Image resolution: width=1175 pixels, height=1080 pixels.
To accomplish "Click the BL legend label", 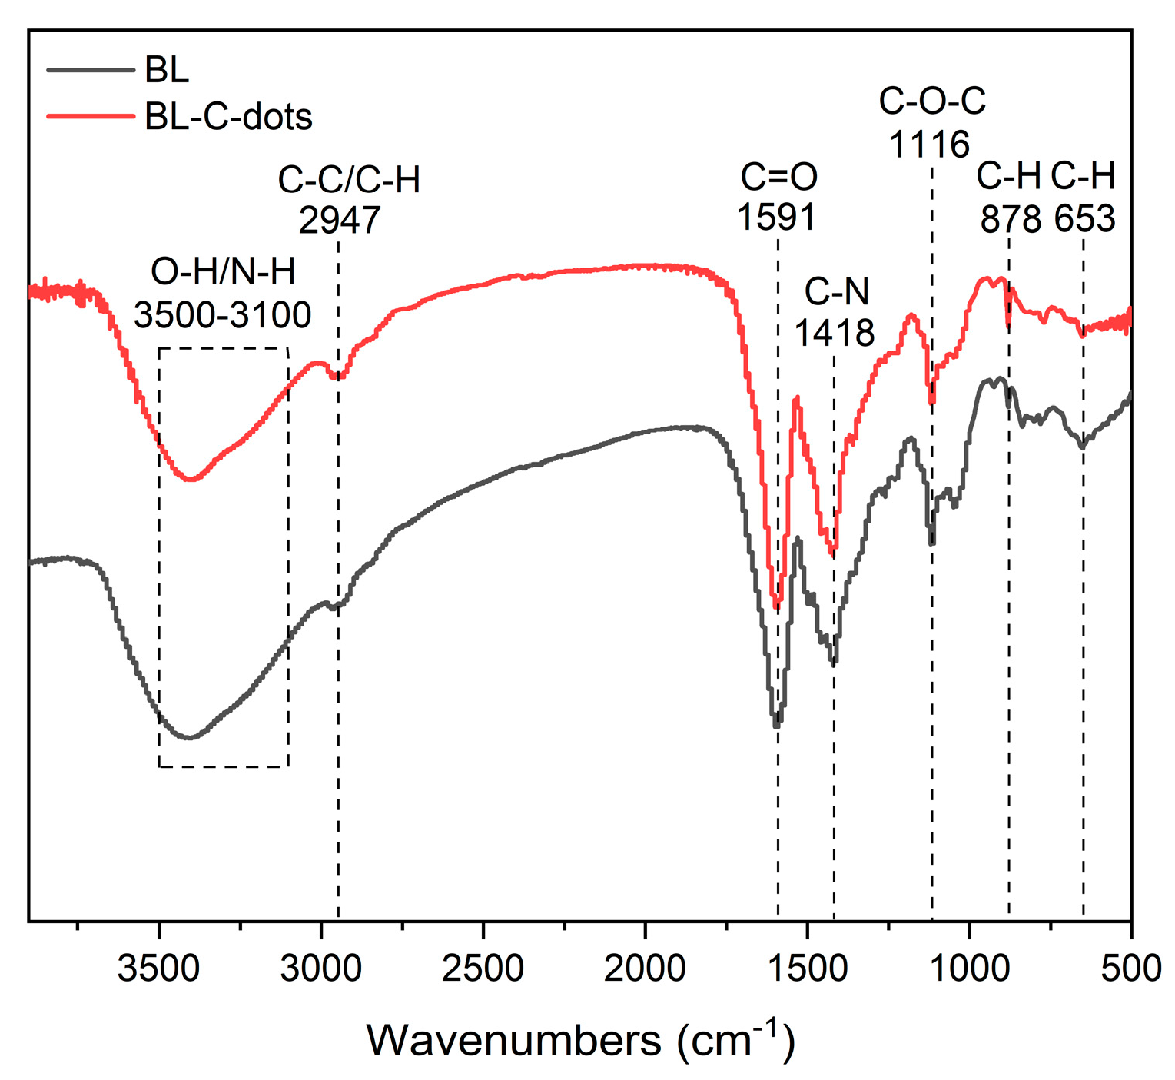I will [167, 71].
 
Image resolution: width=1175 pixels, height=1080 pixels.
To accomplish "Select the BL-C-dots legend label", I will [228, 117].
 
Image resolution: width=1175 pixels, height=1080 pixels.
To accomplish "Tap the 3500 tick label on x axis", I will [159, 968].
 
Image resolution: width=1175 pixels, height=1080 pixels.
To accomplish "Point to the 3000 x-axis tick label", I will [321, 968].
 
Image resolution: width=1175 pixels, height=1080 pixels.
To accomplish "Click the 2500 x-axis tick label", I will [483, 968].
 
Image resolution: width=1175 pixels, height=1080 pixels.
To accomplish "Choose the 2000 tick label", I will [645, 968].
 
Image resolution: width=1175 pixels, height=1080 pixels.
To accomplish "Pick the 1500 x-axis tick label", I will [807, 968].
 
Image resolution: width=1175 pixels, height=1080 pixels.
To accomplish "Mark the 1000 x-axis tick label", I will [969, 968].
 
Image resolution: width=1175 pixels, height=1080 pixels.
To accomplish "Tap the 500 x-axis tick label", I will [1130, 968].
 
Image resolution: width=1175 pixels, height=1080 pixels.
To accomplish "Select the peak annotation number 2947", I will [340, 221].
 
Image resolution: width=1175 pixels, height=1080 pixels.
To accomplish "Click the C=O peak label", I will [778, 178].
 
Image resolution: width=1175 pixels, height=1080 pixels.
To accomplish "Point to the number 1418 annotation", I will [834, 333].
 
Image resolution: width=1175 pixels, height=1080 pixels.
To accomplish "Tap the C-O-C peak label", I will [931, 101].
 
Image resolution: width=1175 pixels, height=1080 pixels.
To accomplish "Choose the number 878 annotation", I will [1011, 220].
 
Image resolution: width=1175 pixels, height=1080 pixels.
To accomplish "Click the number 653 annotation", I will [1084, 220].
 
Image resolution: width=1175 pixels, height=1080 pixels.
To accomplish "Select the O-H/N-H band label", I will [223, 272].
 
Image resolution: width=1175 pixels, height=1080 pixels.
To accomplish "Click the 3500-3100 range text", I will [223, 314].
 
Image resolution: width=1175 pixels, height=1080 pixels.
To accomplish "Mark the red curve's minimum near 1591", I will [777, 605].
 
